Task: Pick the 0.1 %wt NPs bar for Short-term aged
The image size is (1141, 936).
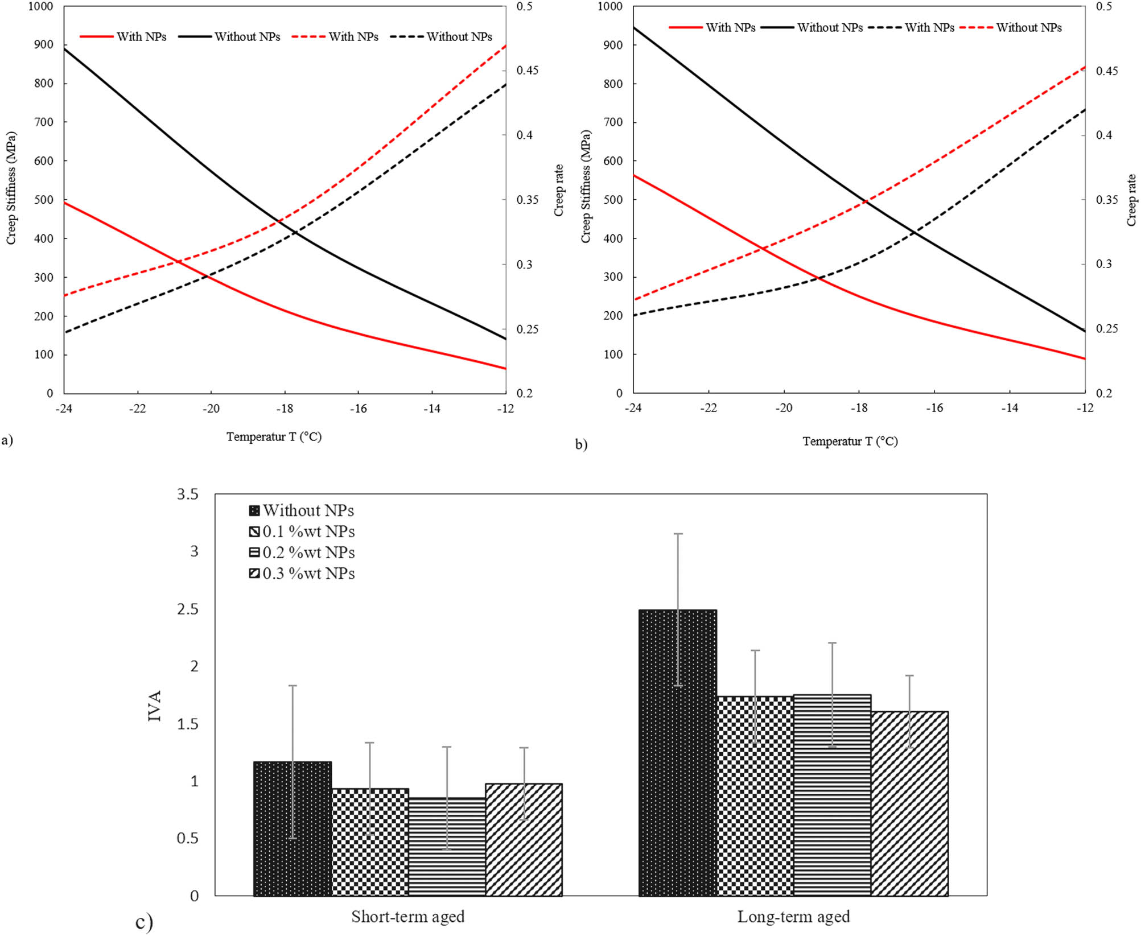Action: pos(370,842)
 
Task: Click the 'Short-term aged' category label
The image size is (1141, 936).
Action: pos(407,917)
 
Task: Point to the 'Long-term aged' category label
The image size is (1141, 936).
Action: pos(793,917)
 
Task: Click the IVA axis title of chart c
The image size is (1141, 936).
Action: pos(155,706)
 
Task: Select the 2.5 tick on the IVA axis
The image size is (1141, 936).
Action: pos(188,609)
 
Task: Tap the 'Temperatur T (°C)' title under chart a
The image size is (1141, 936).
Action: pos(274,436)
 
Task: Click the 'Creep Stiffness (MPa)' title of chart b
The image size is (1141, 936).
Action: pos(586,187)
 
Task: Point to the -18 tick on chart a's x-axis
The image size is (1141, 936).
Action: pos(285,409)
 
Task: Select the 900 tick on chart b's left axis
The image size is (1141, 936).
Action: pos(613,45)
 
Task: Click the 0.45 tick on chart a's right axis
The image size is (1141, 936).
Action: pos(527,71)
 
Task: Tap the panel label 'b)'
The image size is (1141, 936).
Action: pos(580,444)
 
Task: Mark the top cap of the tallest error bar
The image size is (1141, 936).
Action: pos(678,534)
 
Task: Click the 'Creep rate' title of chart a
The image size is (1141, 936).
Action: pos(559,190)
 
